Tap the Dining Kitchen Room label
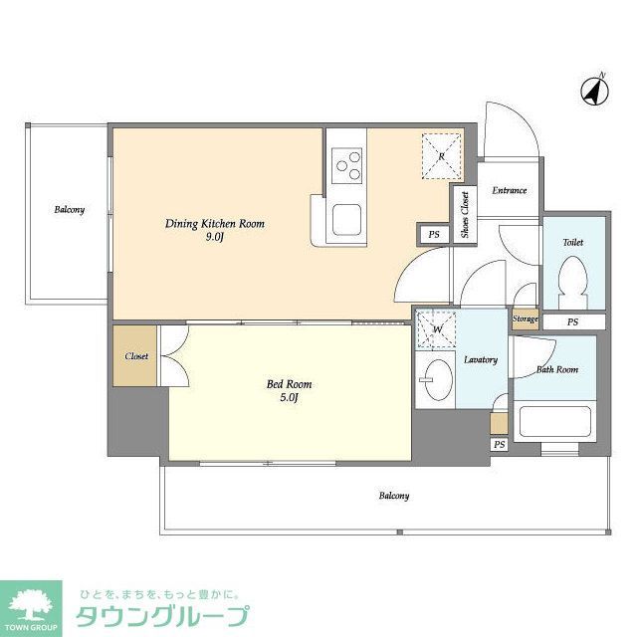tap(214, 224)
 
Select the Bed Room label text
tap(290, 383)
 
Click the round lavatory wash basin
tap(435, 379)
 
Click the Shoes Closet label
tap(465, 214)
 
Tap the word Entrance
tap(510, 190)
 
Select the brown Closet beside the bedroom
tap(135, 356)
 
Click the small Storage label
tap(525, 319)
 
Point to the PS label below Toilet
tap(572, 322)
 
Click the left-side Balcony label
tap(69, 210)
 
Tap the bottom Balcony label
tap(393, 496)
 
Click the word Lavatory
tap(481, 359)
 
